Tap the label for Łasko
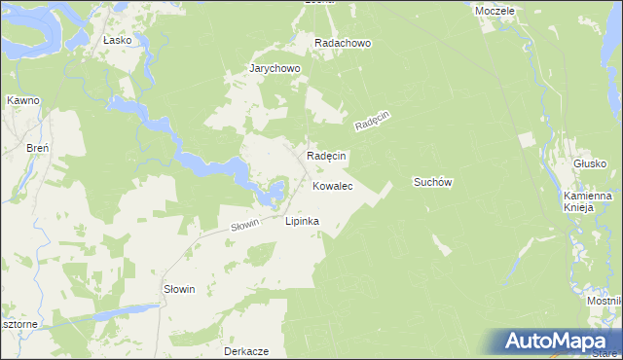pos(117,41)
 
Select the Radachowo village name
pos(343,44)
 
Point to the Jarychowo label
pos(275,69)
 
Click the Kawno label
pos(21,100)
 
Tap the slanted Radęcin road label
pos(372,122)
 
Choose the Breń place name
pos(38,147)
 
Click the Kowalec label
pos(332,184)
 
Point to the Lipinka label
pos(302,221)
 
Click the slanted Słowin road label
pos(245,226)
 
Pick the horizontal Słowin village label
pos(180,290)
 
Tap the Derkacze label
pos(245,350)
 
